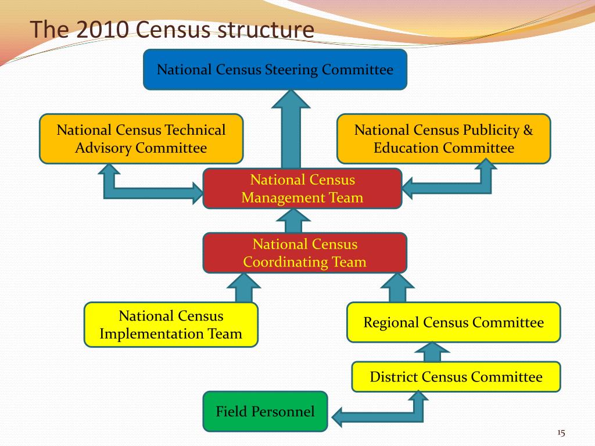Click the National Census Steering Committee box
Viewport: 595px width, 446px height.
point(275,70)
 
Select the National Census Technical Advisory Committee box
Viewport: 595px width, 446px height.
point(141,138)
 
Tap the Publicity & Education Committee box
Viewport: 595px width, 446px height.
point(443,138)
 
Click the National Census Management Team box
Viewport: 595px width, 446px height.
point(302,188)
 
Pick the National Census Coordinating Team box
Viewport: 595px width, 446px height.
point(304,253)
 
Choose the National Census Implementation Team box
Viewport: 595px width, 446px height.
point(171,325)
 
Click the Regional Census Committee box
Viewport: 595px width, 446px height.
point(453,322)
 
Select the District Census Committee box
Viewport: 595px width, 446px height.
point(456,377)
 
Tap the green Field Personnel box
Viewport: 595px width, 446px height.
point(265,412)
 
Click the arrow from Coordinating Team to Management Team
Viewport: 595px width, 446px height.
point(294,221)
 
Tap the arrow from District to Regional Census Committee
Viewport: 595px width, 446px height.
point(432,351)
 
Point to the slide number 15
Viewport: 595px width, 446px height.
point(561,433)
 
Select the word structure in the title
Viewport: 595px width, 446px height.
point(267,30)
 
